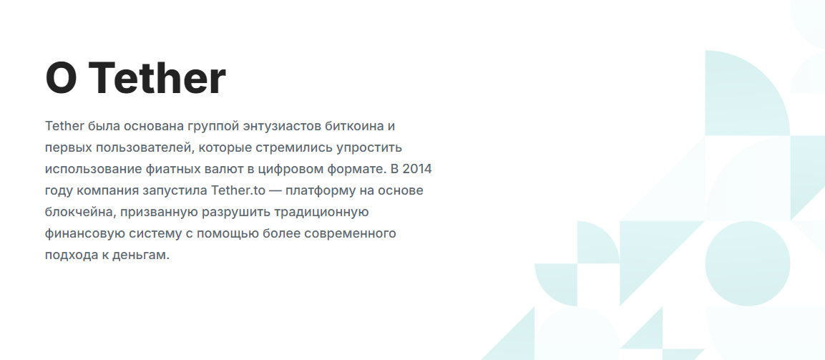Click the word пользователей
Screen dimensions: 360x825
tap(146, 148)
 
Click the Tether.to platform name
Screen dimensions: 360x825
tap(238, 191)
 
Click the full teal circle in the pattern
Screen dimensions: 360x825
tap(748, 263)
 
